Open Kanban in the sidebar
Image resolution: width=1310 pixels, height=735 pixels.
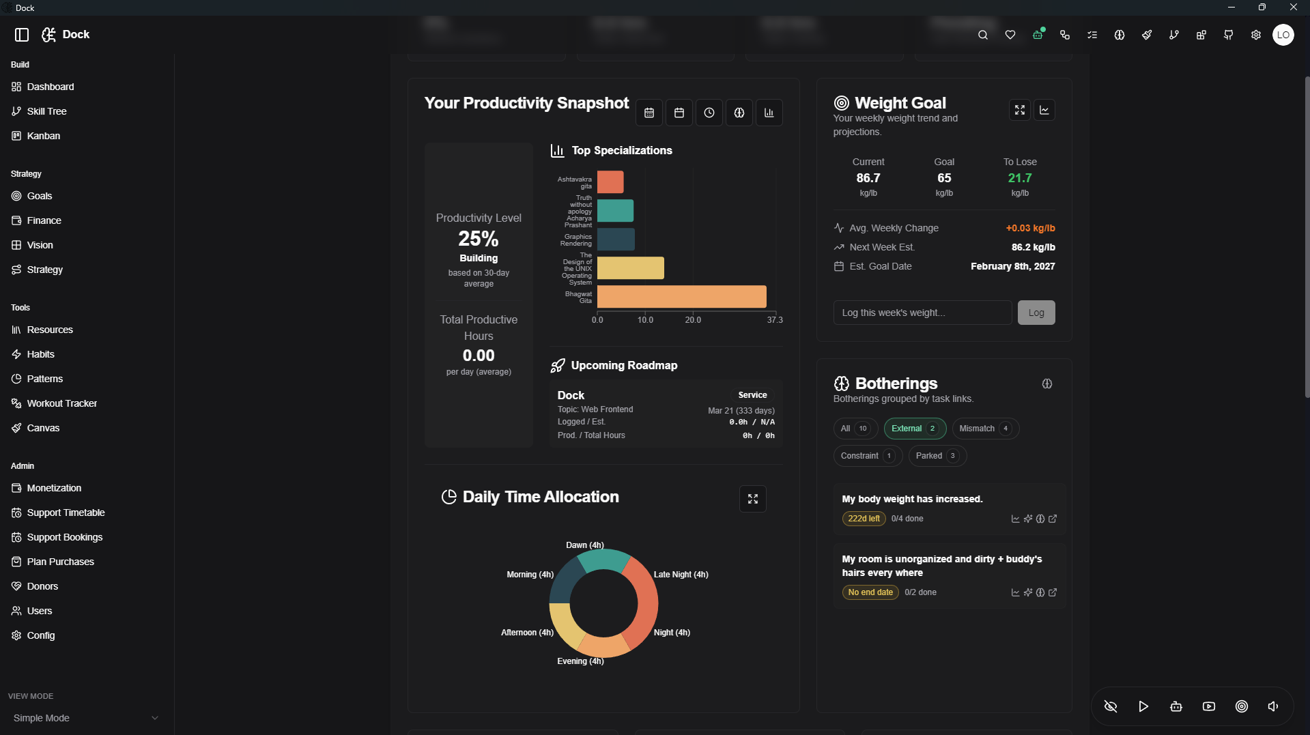click(43, 136)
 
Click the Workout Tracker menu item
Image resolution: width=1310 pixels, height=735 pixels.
click(61, 403)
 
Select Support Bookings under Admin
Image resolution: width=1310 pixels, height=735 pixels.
click(64, 537)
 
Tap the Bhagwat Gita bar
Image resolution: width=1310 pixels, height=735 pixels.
click(681, 297)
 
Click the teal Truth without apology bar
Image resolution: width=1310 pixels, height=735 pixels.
click(615, 211)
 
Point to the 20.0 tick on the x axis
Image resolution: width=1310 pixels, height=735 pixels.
click(693, 320)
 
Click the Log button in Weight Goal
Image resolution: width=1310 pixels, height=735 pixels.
click(1036, 313)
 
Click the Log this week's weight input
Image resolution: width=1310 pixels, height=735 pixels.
click(922, 313)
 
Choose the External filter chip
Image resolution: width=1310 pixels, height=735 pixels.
click(914, 429)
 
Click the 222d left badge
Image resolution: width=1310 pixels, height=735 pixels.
click(864, 519)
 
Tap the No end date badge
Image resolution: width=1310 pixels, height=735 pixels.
click(870, 592)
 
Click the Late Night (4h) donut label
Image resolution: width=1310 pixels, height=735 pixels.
click(681, 575)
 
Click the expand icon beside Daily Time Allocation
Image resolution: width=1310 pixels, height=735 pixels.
click(752, 499)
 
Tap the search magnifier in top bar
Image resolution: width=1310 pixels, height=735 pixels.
click(982, 35)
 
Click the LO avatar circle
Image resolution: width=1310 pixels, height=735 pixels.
click(1283, 35)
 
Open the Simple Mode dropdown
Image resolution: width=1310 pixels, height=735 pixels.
click(85, 718)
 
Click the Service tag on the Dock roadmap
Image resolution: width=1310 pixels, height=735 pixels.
click(752, 395)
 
